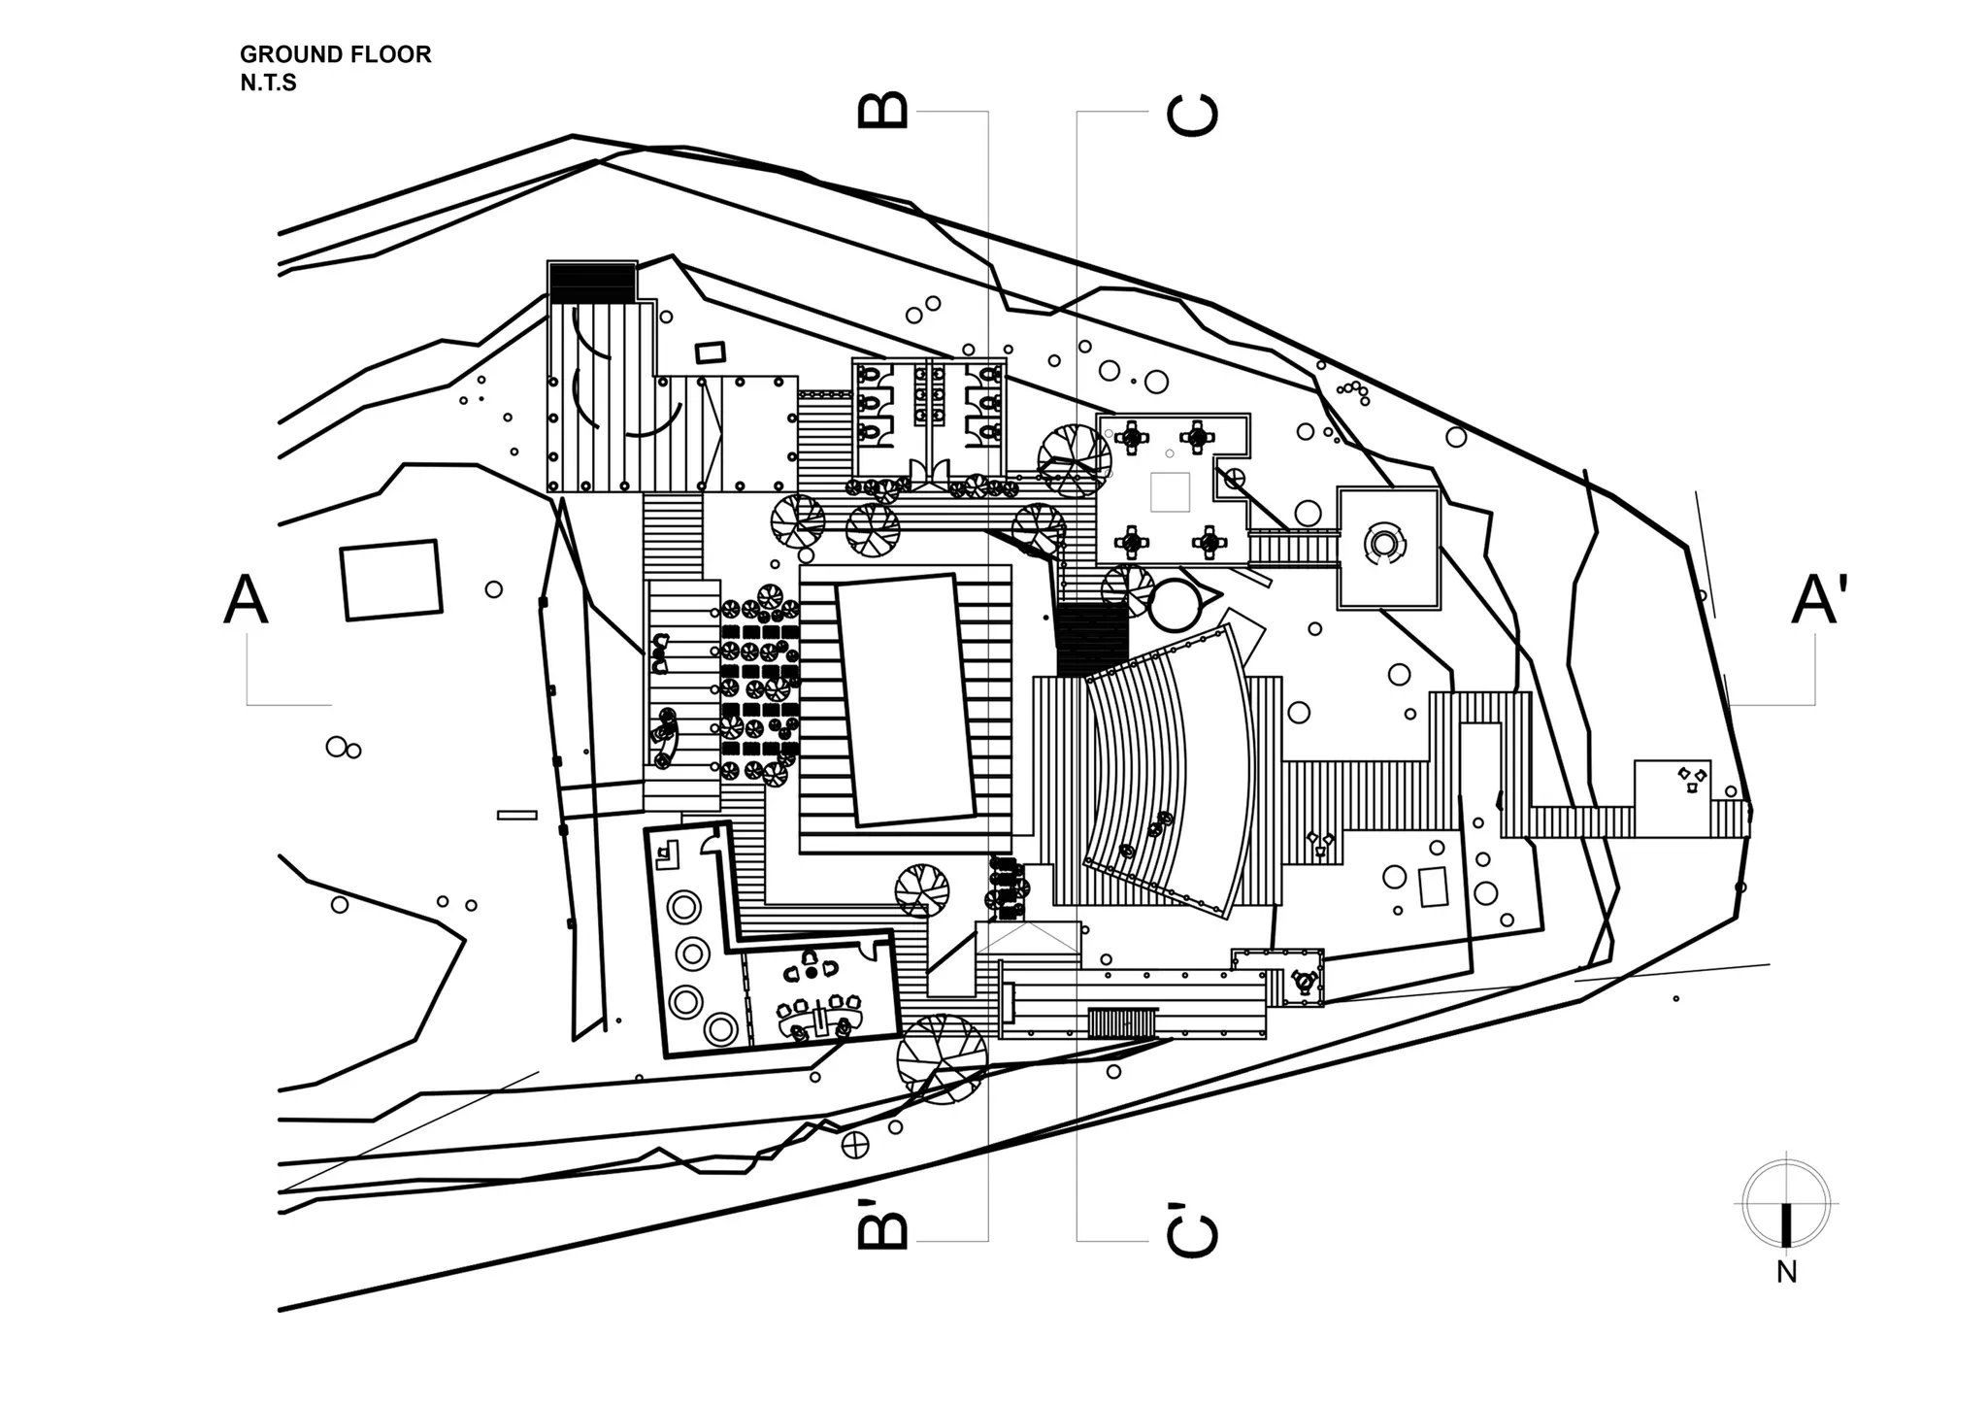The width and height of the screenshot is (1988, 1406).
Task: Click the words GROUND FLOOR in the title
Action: point(335,54)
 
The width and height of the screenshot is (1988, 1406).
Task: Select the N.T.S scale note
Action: point(268,83)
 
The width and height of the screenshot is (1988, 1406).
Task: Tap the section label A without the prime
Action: point(246,599)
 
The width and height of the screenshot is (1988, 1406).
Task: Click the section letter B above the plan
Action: point(883,110)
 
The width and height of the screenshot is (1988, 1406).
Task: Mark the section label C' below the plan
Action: point(1192,1229)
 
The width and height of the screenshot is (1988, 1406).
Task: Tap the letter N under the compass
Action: point(1786,1272)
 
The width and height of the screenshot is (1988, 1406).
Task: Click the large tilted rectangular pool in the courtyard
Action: point(907,699)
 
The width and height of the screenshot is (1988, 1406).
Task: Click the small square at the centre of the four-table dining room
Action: point(1170,492)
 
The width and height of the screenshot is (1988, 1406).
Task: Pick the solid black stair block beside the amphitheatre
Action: point(1093,641)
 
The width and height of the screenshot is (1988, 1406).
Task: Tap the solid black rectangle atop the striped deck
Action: point(592,283)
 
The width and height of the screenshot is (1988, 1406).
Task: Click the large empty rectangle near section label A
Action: point(391,580)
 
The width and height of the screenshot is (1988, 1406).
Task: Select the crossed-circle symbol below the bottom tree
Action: point(856,1146)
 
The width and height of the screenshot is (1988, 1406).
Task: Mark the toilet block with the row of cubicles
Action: point(929,418)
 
